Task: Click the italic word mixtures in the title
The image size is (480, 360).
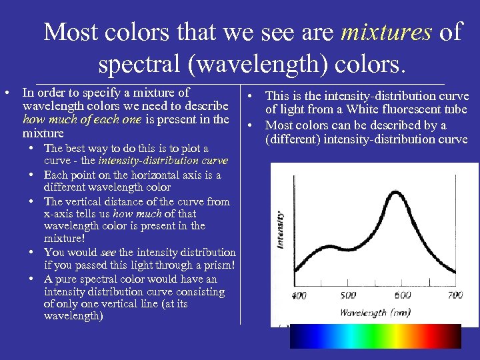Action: [x=386, y=31]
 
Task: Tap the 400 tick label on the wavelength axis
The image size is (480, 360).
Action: [x=299, y=295]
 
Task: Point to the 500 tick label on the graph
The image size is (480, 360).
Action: [x=348, y=295]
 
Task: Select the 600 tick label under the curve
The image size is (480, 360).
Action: [x=403, y=295]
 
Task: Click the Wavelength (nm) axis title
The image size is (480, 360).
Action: [x=376, y=312]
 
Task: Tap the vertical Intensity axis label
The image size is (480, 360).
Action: [x=279, y=230]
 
